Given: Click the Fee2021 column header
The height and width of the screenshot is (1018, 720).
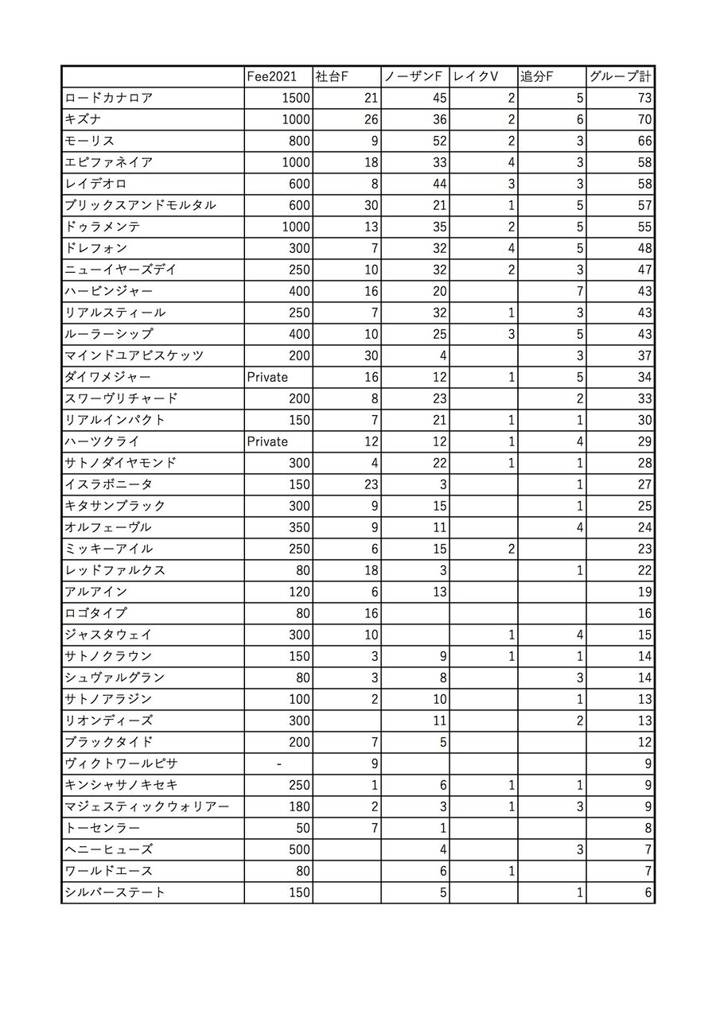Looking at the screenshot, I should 271,76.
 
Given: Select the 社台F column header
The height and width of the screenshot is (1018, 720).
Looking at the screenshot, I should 333,76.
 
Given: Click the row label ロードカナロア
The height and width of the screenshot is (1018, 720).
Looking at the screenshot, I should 109,98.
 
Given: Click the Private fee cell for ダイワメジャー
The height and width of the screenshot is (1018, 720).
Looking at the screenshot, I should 267,377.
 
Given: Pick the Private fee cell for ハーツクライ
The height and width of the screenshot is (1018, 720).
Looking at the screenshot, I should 267,441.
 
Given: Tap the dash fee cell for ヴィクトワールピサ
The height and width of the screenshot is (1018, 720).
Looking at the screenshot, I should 278,763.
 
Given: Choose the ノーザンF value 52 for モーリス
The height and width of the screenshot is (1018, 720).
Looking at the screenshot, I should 439,141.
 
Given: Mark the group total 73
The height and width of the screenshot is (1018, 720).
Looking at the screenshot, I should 644,98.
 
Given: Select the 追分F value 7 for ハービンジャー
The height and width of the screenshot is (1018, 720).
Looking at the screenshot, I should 579,291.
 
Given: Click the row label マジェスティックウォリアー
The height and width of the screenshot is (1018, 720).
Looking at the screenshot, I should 147,806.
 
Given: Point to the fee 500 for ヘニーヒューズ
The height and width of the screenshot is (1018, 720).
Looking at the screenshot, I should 299,849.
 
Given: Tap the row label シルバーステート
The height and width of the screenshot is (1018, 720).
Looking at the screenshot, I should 115,892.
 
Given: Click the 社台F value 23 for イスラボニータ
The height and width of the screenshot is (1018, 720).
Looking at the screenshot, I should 371,484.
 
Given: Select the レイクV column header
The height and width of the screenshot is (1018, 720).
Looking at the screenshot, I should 476,76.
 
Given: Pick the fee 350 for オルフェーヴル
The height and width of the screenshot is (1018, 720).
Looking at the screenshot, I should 299,527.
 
